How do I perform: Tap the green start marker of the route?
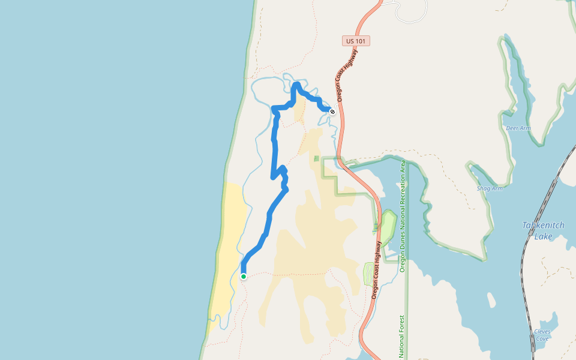pos(244,276)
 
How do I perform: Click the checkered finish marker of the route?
pos(332,110)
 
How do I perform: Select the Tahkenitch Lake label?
pos(543,230)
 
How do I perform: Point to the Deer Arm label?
pos(518,128)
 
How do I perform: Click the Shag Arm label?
pos(489,188)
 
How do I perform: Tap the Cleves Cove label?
pos(542,335)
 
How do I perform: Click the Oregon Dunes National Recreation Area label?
pos(403,216)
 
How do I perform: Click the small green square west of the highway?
pos(316,158)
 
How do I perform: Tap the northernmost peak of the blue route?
pos(297,85)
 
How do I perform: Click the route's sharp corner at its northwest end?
pos(274,109)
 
